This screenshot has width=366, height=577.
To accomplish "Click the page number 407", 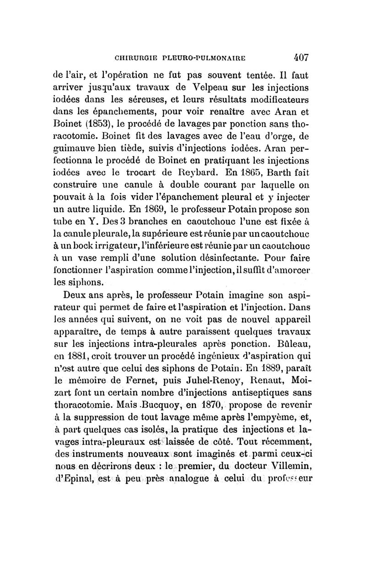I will [300, 58].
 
